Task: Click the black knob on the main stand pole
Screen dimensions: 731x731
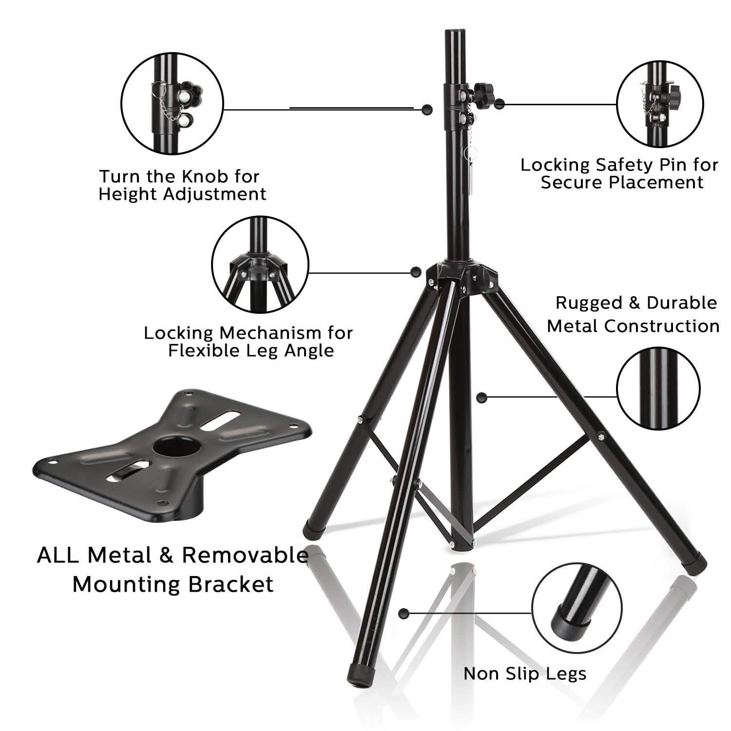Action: coord(483,90)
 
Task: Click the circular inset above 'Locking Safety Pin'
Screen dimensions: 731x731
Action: coord(660,105)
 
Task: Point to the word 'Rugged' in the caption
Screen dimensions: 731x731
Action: coord(589,303)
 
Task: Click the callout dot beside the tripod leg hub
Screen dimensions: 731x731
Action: coord(416,272)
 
